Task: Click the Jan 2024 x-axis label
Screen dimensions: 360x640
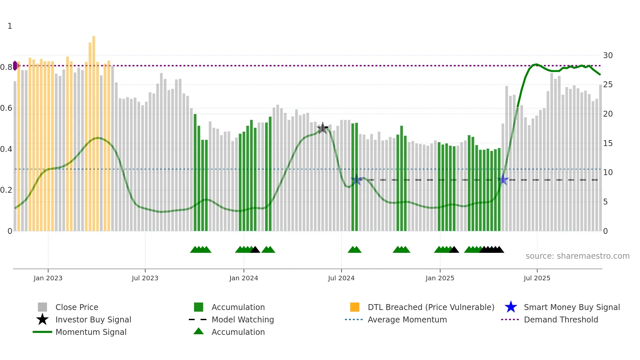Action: pyautogui.click(x=244, y=278)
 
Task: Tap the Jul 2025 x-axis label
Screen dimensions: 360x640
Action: pyautogui.click(x=537, y=278)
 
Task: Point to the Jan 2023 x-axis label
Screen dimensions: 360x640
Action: pyautogui.click(x=48, y=278)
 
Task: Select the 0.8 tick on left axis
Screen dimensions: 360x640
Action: pyautogui.click(x=6, y=67)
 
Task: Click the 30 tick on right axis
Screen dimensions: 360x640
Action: pyautogui.click(x=608, y=56)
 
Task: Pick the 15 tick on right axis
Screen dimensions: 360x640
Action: pyautogui.click(x=608, y=143)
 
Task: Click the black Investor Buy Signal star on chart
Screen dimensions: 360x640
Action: pyautogui.click(x=323, y=128)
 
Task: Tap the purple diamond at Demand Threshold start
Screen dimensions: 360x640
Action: pyautogui.click(x=15, y=66)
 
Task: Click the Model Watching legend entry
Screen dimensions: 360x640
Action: pyautogui.click(x=242, y=319)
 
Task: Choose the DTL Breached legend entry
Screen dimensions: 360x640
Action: pyautogui.click(x=431, y=307)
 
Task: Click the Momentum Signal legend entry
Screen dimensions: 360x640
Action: pyautogui.click(x=91, y=332)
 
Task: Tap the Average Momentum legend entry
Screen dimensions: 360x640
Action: pyautogui.click(x=407, y=319)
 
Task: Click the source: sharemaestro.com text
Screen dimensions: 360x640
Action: pyautogui.click(x=577, y=256)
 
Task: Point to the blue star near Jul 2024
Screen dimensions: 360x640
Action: pyautogui.click(x=356, y=180)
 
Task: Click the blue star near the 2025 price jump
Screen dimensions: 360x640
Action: pyautogui.click(x=504, y=180)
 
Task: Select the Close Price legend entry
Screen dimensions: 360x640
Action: pyautogui.click(x=77, y=307)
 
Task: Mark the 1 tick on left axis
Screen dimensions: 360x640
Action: pyautogui.click(x=10, y=26)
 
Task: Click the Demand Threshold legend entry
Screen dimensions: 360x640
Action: pyautogui.click(x=561, y=319)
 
